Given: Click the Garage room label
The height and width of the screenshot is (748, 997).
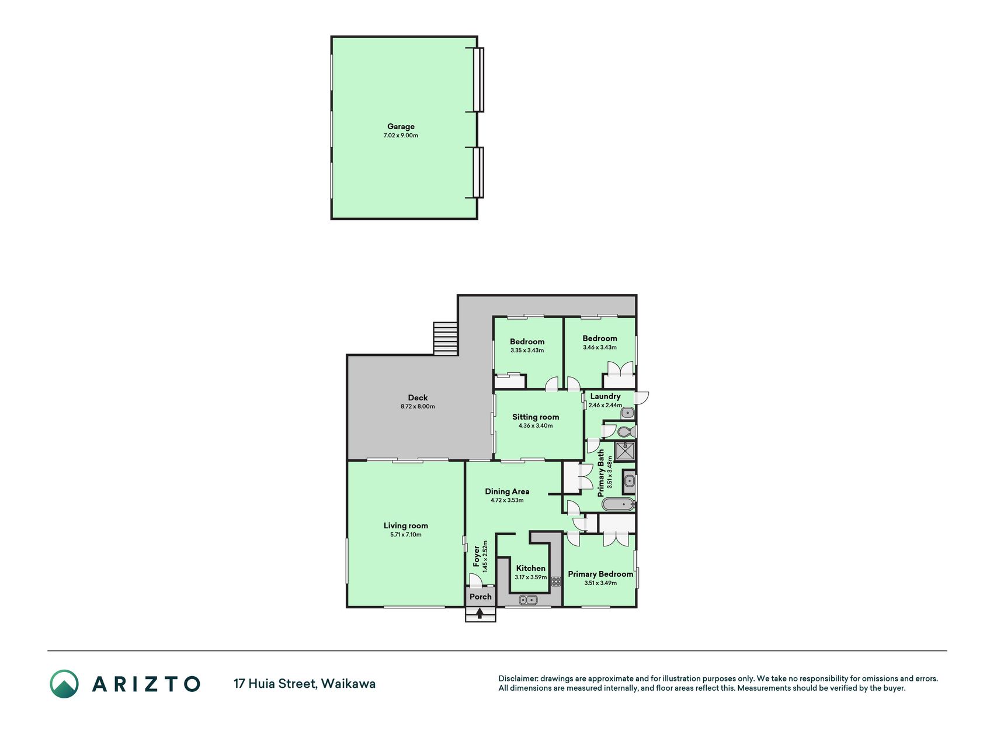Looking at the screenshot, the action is point(401,126).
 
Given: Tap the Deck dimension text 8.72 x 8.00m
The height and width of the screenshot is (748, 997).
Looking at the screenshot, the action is point(418,407).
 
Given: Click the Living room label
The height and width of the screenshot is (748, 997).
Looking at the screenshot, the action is point(406,526).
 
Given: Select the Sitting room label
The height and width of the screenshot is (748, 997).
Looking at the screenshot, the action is point(536,417).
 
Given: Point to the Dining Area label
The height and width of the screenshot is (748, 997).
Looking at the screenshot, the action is point(507,491).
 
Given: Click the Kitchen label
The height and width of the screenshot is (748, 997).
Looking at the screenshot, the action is point(531,568).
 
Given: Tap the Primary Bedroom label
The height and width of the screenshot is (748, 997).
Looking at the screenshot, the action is point(600,574).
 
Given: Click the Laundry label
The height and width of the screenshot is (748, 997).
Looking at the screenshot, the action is point(605,396).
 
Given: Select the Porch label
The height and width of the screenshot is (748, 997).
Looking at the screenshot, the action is point(481,597).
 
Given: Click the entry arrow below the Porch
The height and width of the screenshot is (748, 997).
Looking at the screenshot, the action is point(480,613).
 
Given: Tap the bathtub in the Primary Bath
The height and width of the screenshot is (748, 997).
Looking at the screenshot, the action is point(618,504).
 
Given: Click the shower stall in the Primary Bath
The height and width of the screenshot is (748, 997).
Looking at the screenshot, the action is point(626,451).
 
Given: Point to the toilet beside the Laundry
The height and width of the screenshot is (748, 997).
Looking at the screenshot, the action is point(625,432).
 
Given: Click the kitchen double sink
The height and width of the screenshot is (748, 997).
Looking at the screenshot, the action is point(528,600).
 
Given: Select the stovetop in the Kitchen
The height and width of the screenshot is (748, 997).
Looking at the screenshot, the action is point(556,581).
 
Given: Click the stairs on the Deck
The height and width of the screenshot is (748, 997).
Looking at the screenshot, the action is point(445,338).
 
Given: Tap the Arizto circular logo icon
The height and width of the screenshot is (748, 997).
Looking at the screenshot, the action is point(64,684).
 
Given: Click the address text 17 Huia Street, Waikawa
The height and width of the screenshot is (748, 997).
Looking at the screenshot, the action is point(304,684).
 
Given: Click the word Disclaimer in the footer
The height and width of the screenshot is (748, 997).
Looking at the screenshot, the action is point(517,678).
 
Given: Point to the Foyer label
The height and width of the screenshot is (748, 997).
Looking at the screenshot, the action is point(477,556).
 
